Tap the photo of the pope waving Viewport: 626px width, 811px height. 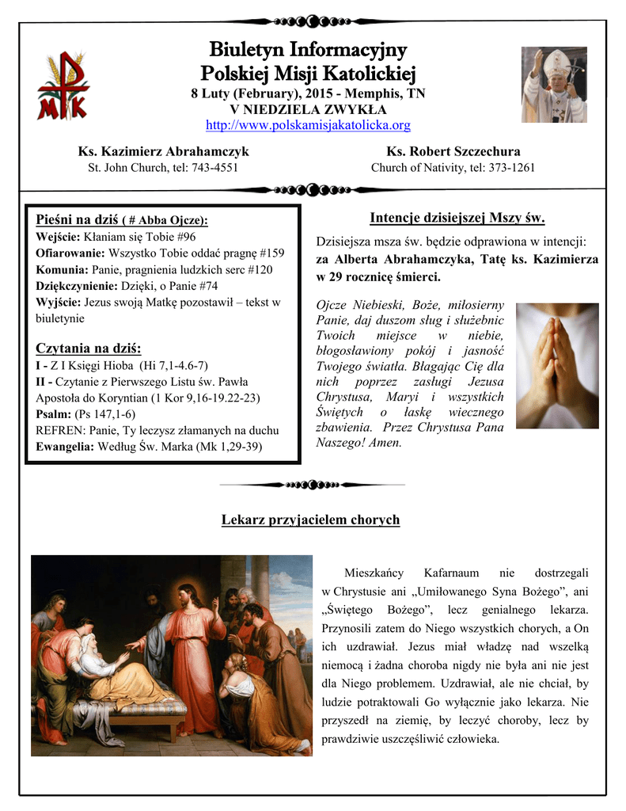(554, 85)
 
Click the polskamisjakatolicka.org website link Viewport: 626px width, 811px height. (308, 125)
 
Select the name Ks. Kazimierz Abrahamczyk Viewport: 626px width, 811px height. (163, 150)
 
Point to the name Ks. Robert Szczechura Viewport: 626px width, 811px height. (453, 150)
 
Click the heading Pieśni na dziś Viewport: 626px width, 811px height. (78, 219)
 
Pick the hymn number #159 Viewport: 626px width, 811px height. (271, 253)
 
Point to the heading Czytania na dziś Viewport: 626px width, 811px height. (89, 348)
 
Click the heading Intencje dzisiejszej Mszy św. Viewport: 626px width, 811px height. (457, 219)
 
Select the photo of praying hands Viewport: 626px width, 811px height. (557, 365)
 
